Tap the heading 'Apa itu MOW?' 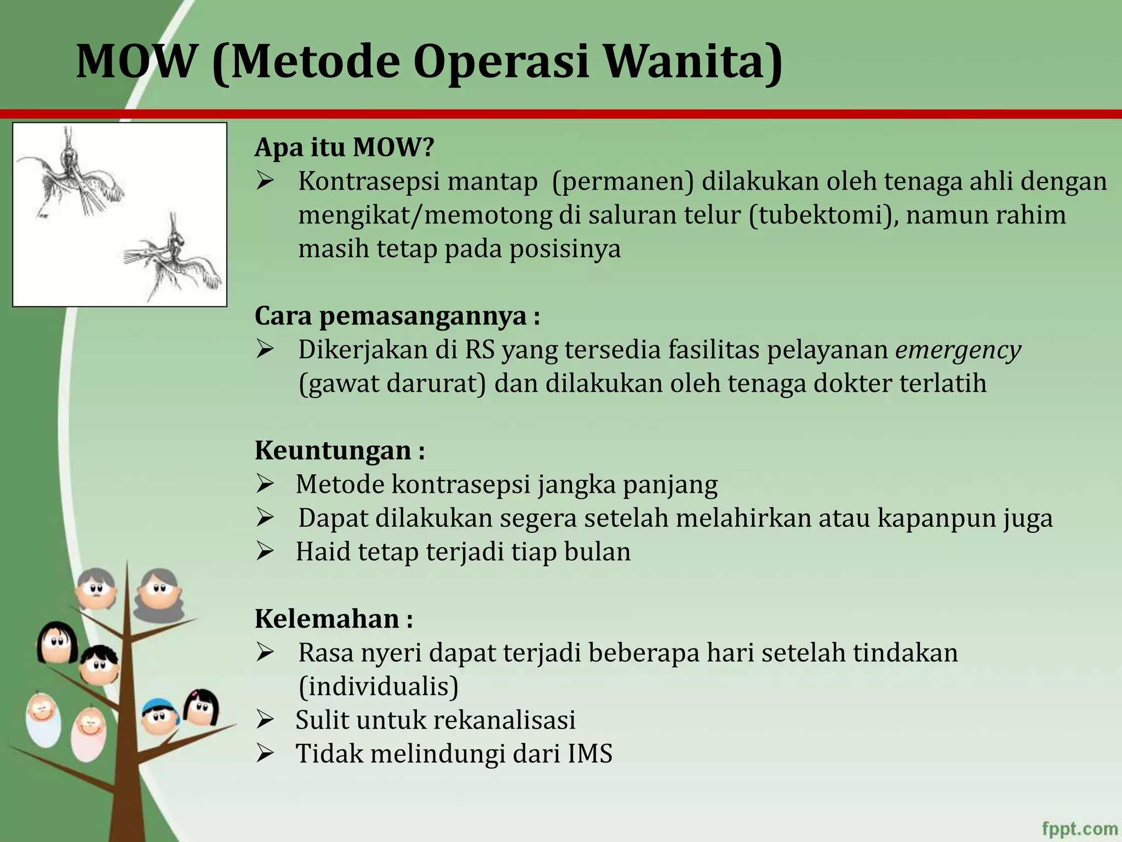[x=344, y=147]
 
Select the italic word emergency [x=958, y=350]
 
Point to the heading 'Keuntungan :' [x=340, y=451]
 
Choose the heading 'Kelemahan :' [x=334, y=619]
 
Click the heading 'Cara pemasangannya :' [x=397, y=316]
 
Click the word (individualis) [x=379, y=686]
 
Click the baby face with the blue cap [x=160, y=717]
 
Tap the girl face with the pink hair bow [x=201, y=707]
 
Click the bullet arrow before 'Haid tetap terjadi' [x=265, y=551]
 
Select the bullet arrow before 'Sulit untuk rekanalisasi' [x=265, y=720]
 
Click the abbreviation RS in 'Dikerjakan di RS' [x=479, y=350]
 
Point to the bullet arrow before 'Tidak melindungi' [x=265, y=753]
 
